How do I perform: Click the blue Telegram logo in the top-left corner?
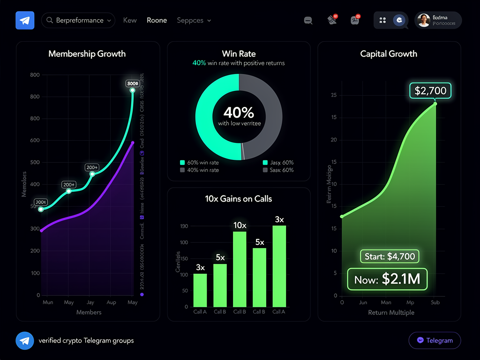pyautogui.click(x=25, y=21)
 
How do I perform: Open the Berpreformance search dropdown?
pyautogui.click(x=78, y=21)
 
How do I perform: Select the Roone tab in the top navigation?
pyautogui.click(x=157, y=21)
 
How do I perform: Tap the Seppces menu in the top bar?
pyautogui.click(x=194, y=21)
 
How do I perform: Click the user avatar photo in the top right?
pyautogui.click(x=424, y=21)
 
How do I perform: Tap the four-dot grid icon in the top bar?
pyautogui.click(x=382, y=20)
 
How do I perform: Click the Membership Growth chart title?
pyautogui.click(x=87, y=54)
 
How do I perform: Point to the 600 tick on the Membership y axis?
pyautogui.click(x=35, y=141)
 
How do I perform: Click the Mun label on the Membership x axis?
pyautogui.click(x=48, y=302)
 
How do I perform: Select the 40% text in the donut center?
pyautogui.click(x=239, y=112)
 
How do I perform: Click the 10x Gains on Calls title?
pyautogui.click(x=239, y=199)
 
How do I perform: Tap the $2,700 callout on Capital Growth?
pyautogui.click(x=430, y=90)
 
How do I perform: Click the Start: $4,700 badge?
pyautogui.click(x=389, y=256)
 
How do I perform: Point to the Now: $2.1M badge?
pyautogui.click(x=387, y=279)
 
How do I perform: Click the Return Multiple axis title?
pyautogui.click(x=391, y=313)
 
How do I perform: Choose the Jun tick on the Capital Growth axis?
pyautogui.click(x=363, y=303)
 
